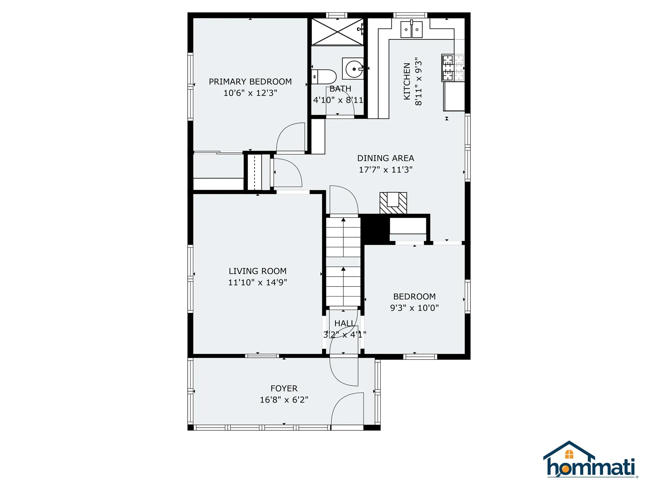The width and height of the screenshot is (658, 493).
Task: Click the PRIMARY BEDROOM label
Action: [250, 81]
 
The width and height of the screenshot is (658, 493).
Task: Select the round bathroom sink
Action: [353, 69]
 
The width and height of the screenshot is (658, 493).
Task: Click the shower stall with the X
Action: [338, 31]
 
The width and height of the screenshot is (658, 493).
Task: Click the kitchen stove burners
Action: [453, 68]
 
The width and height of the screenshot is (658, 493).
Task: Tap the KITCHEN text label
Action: [407, 81]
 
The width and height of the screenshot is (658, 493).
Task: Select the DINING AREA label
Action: [386, 158]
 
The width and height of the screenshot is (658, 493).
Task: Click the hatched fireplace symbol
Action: [393, 203]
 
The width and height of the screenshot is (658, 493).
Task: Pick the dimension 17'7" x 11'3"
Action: [386, 169]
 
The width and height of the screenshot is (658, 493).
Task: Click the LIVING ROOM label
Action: [257, 271]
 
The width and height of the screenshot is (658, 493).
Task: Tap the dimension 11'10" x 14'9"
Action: [257, 282]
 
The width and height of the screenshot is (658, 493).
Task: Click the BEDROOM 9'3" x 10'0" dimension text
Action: [414, 308]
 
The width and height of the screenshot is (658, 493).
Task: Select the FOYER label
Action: [284, 389]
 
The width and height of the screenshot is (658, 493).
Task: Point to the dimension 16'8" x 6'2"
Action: [284, 400]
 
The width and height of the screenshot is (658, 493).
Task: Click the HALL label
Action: [344, 324]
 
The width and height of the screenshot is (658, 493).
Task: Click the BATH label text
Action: [340, 89]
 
